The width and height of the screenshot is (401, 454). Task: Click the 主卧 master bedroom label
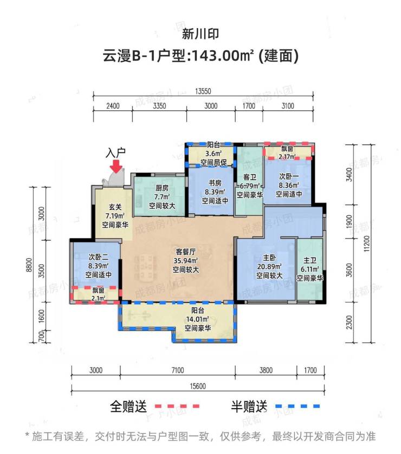270,258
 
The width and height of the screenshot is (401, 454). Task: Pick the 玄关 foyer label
114,206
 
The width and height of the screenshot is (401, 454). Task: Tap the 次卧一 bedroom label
289,176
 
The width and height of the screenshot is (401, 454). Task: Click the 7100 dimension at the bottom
177,371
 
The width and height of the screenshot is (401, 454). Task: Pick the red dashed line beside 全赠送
177,405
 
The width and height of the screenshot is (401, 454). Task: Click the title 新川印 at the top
200,34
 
